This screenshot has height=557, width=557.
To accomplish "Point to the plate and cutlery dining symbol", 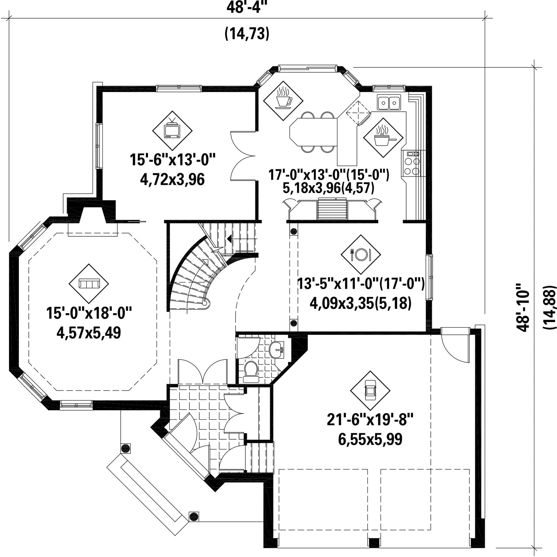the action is click(361, 254).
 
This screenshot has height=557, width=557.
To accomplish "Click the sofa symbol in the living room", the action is click(89, 283).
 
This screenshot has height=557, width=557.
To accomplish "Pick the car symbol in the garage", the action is click(370, 391).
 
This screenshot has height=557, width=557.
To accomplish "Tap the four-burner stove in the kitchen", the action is click(411, 163).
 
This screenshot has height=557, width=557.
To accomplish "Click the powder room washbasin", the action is click(276, 350).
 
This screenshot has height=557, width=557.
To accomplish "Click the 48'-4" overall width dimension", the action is click(247, 7).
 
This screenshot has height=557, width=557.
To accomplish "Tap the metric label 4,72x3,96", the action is click(172, 179).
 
